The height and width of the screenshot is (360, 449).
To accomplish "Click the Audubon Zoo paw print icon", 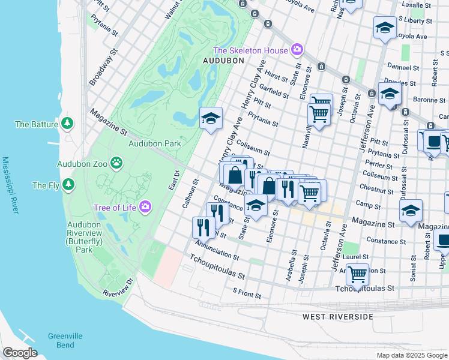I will [x=116, y=163].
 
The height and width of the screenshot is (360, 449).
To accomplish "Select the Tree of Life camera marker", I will [x=145, y=208].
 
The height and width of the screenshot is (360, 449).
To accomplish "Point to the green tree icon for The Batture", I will [x=68, y=124].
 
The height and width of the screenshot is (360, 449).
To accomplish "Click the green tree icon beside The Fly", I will [x=70, y=185].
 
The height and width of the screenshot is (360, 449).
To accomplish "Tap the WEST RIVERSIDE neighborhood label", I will [x=337, y=316].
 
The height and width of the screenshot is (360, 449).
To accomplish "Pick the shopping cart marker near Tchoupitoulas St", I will [x=357, y=275].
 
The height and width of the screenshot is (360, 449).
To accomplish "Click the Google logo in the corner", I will [x=20, y=352].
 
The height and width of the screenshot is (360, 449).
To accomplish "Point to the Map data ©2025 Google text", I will [x=411, y=355].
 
